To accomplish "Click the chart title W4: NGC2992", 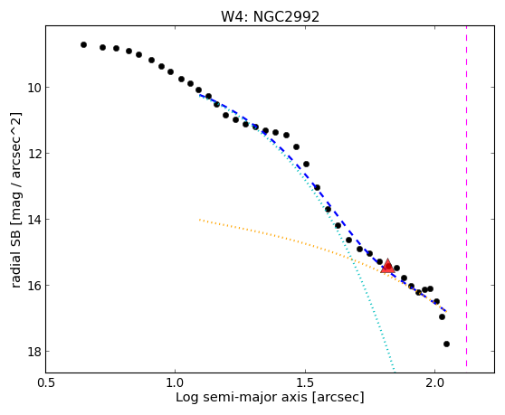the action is [270, 16].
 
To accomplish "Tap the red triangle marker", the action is [387, 266].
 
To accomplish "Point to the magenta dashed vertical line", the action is [466, 196].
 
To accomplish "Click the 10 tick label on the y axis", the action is [34, 88].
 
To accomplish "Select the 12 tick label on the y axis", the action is [34, 154].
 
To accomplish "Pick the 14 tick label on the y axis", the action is [34, 220].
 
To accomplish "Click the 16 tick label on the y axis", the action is [34, 286].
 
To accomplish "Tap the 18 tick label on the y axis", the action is [34, 352].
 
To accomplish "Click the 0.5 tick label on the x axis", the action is [46, 382].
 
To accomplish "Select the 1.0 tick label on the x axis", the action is [176, 382].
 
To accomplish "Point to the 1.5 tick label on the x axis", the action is [305, 382].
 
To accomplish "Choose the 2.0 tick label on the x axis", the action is [434, 382].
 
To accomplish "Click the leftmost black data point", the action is [83, 44].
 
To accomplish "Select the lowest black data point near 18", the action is [446, 344].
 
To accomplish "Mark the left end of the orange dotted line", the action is [200, 220].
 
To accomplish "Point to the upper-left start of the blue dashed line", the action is [200, 95].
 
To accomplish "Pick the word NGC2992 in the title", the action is [286, 16].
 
